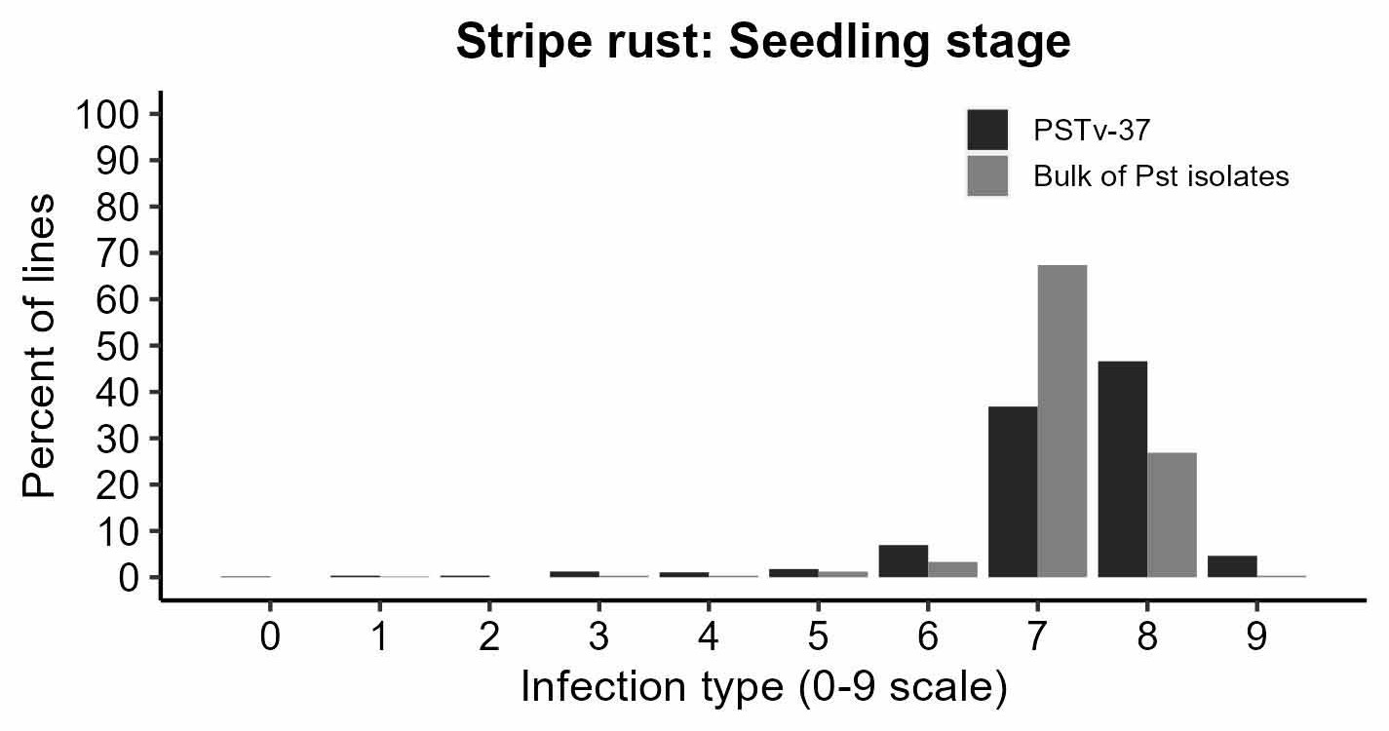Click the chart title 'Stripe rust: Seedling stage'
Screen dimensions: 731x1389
click(x=763, y=44)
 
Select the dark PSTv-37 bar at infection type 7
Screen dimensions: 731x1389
click(x=1013, y=491)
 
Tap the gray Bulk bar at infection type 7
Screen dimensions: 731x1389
click(x=1062, y=421)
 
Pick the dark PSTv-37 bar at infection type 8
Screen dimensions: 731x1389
click(x=1123, y=469)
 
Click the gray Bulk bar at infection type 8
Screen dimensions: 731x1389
click(x=1172, y=515)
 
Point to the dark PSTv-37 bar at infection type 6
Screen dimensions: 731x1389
click(x=904, y=560)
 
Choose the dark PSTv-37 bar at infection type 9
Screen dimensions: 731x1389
click(x=1232, y=566)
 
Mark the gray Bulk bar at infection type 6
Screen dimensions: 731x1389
click(x=952, y=569)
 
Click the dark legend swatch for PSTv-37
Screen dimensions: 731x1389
click(x=987, y=130)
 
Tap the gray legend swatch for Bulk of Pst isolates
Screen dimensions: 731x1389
click(x=987, y=175)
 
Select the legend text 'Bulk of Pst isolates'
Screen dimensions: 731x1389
click(x=1161, y=176)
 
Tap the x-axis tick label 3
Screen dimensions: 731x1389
click(x=598, y=637)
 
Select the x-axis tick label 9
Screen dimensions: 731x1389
click(x=1256, y=637)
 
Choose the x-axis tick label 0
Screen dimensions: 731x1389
click(x=270, y=637)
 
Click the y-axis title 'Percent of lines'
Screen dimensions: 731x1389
click(x=41, y=346)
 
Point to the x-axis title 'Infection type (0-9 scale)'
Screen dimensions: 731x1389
click(x=763, y=687)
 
